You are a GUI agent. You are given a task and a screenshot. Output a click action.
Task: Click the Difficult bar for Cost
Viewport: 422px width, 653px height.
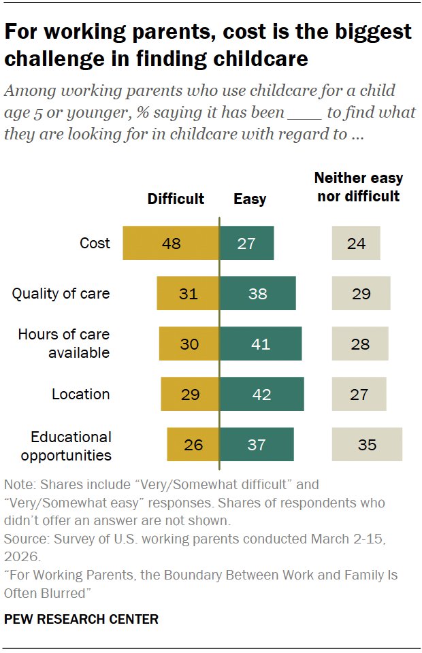171,243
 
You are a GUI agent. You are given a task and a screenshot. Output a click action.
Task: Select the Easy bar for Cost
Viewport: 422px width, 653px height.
246,243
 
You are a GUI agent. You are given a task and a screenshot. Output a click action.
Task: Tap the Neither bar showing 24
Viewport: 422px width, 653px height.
356,243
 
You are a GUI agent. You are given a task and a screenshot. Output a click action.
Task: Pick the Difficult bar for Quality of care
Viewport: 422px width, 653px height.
188,293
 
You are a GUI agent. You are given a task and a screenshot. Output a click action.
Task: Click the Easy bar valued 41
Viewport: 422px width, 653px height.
261,344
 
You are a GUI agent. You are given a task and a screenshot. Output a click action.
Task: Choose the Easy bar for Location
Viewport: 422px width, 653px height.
261,394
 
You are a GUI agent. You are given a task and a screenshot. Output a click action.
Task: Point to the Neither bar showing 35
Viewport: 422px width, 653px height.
367,444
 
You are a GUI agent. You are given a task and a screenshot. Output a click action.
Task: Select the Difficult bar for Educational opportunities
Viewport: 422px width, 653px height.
193,444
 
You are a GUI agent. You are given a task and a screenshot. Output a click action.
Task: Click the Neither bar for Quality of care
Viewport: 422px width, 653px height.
361,293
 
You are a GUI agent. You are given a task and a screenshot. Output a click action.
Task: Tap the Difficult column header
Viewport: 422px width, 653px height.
176,199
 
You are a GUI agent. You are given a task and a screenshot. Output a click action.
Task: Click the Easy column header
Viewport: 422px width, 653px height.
250,199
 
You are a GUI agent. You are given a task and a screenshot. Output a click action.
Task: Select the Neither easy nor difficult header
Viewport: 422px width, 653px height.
358,187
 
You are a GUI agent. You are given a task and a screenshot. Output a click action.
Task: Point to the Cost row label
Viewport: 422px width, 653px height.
95,243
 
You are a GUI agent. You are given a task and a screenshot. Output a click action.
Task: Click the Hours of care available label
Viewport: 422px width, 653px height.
64,344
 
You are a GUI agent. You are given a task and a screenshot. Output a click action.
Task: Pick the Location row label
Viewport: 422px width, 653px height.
81,394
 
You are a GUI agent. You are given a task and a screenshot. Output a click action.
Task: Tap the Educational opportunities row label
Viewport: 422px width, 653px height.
66,446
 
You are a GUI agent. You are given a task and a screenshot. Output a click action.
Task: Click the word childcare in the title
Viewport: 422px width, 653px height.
261,58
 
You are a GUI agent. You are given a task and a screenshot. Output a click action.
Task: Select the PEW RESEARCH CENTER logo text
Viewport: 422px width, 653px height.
81,619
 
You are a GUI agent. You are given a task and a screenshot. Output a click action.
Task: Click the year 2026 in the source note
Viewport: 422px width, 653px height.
22,557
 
